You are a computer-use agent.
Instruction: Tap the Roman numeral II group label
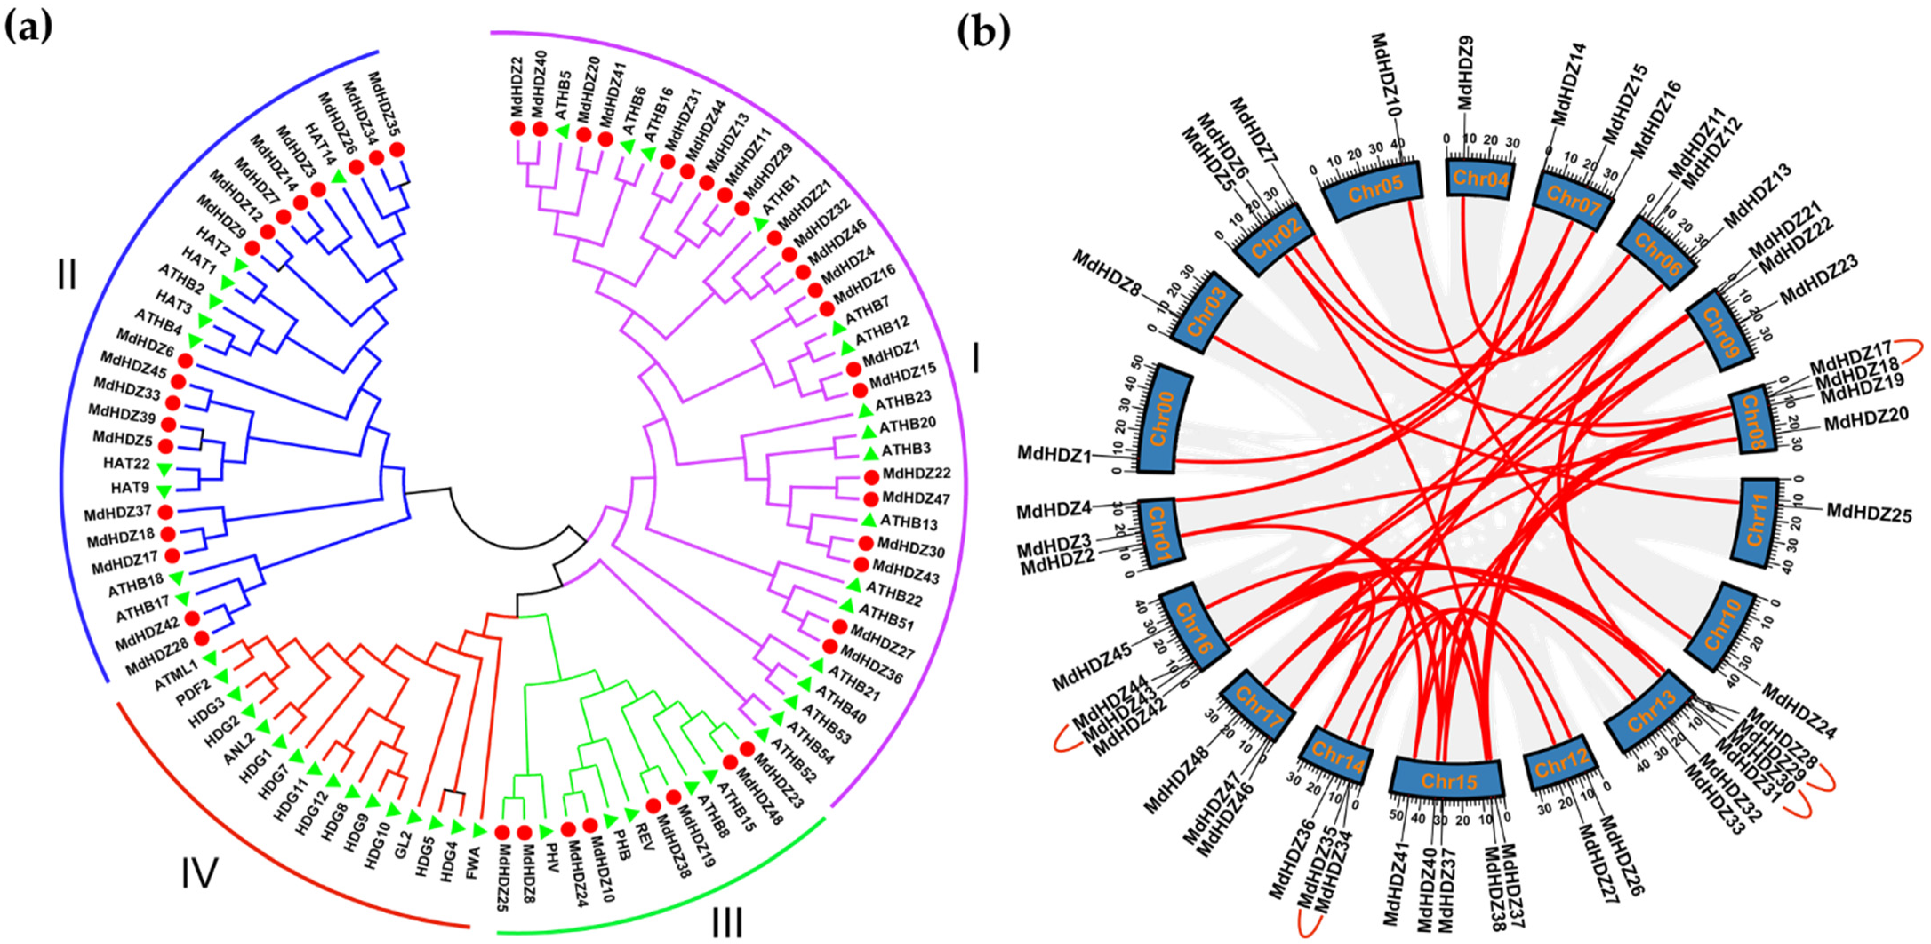click(66, 276)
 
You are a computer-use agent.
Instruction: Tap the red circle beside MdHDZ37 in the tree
click(166, 512)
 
